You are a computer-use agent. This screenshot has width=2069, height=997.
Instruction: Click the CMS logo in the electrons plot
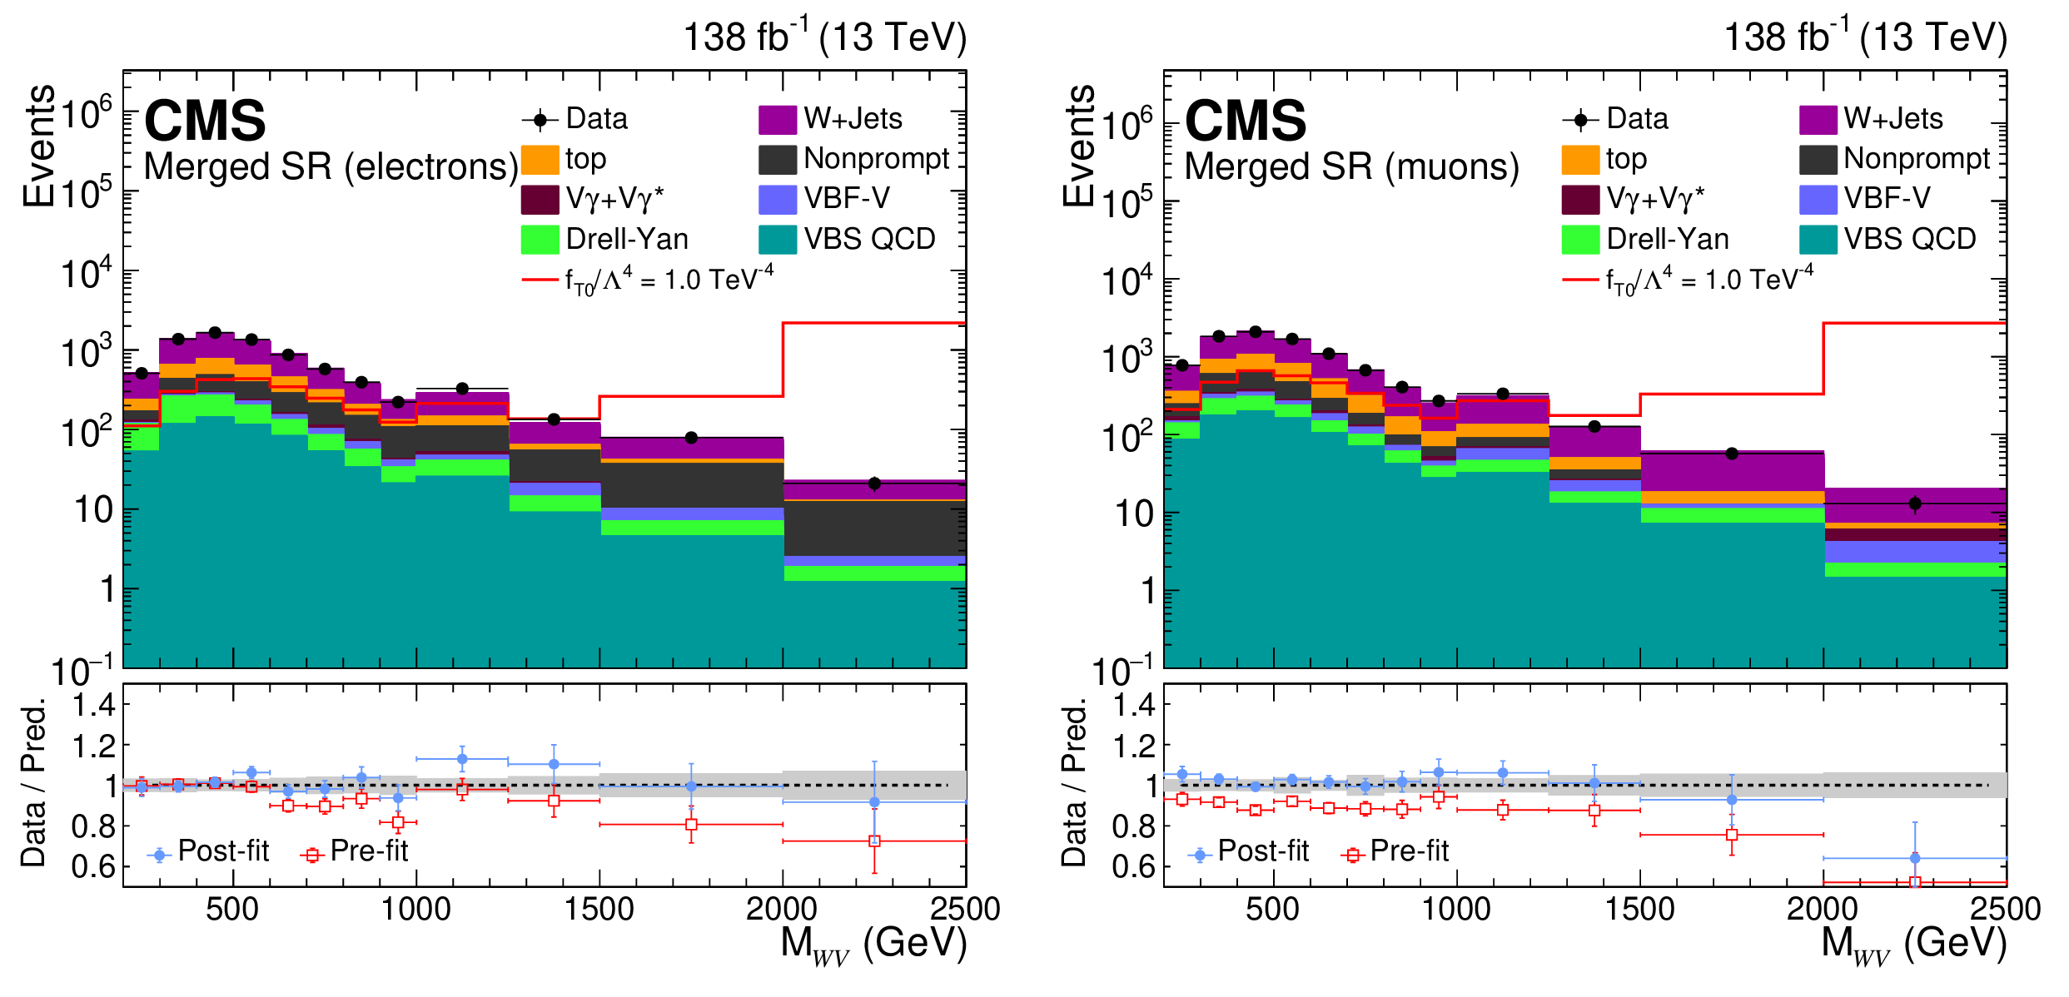[205, 122]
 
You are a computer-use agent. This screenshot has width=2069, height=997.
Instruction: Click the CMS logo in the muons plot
[1246, 122]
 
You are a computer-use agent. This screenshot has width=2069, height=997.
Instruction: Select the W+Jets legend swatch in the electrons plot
[778, 119]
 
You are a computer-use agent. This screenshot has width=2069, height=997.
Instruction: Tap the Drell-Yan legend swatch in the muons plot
[1580, 240]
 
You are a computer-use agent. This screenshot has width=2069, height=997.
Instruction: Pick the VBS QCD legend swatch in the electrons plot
[778, 240]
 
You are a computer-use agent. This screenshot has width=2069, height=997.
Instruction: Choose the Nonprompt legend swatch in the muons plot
[1818, 159]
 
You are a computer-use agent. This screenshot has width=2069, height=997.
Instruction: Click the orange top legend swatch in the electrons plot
[540, 159]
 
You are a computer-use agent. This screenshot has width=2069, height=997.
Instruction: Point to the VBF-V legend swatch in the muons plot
[1818, 199]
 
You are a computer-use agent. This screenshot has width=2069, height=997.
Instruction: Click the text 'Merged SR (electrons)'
[331, 167]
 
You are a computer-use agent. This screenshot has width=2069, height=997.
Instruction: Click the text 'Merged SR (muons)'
[1351, 167]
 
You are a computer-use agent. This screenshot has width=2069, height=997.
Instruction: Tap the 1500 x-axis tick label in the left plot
[599, 909]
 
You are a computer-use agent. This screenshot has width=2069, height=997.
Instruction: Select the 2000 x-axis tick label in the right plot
[1822, 909]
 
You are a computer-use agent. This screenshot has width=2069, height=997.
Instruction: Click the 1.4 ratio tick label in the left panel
[93, 706]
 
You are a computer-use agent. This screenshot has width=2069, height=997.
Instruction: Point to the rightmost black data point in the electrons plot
[874, 484]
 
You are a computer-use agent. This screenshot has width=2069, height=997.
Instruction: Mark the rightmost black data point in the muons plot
[1915, 503]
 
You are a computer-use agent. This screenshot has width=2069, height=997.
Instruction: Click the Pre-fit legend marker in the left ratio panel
[312, 855]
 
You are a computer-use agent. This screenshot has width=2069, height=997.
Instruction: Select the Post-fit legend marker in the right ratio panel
[1200, 855]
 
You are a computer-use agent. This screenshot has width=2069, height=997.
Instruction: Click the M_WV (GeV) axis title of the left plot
[873, 945]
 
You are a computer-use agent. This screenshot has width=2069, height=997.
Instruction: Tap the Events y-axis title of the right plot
[1079, 146]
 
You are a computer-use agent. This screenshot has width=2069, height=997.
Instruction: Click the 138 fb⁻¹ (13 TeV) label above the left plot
[824, 37]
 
